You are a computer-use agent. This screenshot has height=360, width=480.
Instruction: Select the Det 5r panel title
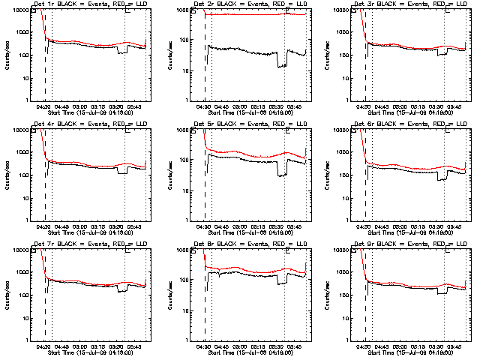(248, 124)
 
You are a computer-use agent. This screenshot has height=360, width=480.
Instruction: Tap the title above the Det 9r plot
(409, 244)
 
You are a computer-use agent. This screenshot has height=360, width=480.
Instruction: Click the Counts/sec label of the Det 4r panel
(7, 174)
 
